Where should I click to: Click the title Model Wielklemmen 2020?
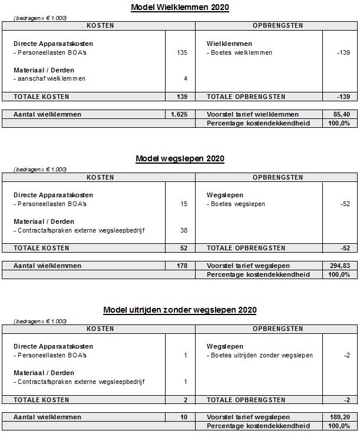click(180, 8)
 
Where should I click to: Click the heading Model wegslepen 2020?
click(180, 158)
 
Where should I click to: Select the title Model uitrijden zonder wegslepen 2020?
click(180, 310)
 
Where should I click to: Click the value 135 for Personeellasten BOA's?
click(181, 53)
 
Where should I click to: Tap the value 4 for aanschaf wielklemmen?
click(185, 79)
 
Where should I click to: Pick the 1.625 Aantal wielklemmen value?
click(179, 114)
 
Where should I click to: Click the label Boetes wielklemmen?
click(240, 53)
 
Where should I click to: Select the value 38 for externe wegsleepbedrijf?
click(183, 230)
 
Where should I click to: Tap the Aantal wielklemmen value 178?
click(181, 266)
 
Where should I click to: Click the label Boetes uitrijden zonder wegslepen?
click(260, 356)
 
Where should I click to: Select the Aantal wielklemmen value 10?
click(183, 417)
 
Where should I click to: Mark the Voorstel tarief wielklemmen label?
click(253, 114)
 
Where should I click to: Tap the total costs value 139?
click(181, 97)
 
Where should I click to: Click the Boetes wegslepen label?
click(236, 204)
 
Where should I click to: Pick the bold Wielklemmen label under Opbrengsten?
click(230, 44)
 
